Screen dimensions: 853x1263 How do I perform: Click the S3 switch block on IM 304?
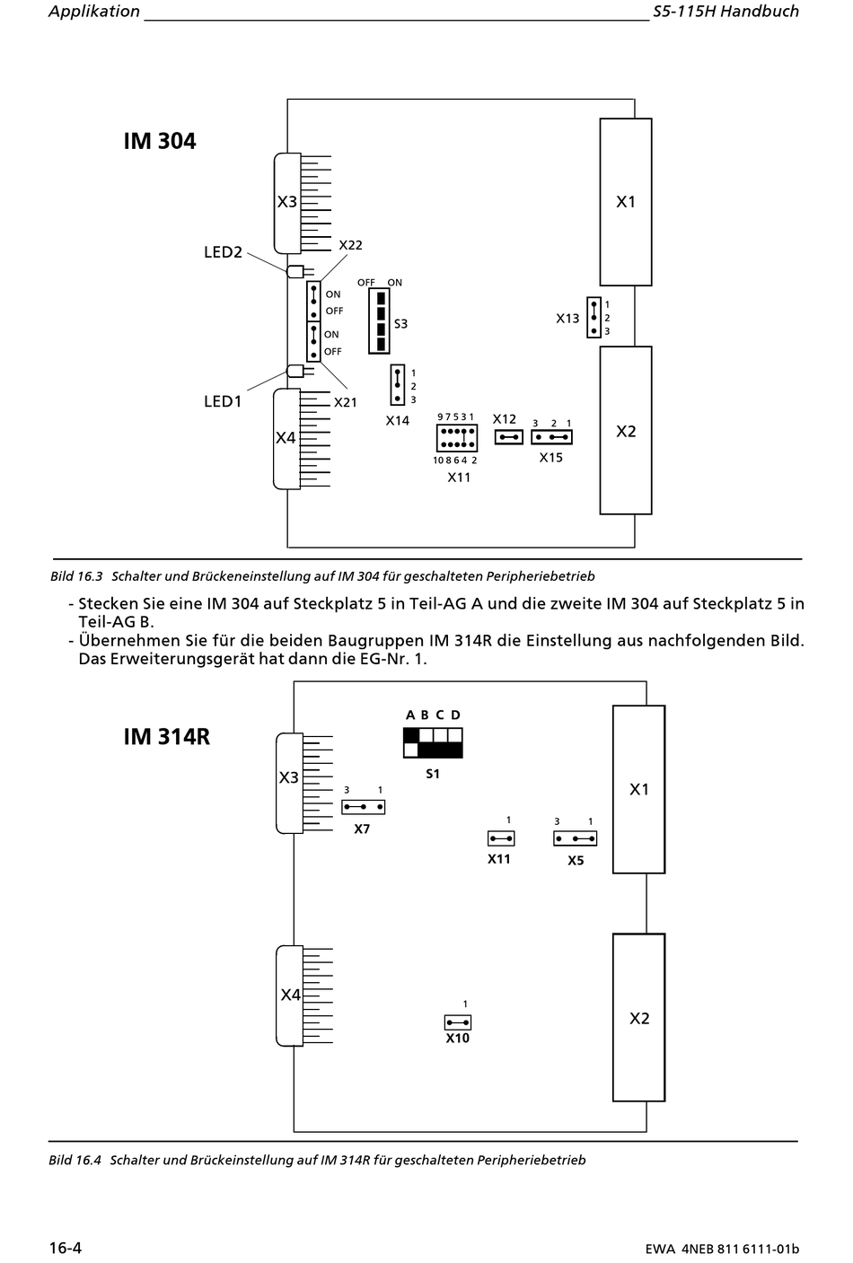[x=379, y=320]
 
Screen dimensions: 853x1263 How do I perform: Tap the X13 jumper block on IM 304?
[x=594, y=318]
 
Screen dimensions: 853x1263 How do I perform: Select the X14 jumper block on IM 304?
[x=398, y=385]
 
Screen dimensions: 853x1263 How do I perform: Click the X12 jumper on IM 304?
[x=509, y=437]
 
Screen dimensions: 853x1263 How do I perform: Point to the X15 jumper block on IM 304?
[x=551, y=437]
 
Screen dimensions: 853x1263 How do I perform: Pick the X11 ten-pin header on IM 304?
[x=457, y=438]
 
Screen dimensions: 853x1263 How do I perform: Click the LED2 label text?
[x=223, y=252]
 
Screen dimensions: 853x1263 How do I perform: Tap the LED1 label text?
[x=223, y=401]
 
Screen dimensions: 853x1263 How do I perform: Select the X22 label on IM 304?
[x=350, y=245]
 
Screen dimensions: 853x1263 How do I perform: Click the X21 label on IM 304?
[x=346, y=402]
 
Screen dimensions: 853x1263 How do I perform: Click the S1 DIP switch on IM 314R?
[x=434, y=742]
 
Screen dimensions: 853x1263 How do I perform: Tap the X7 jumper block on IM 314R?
[x=364, y=807]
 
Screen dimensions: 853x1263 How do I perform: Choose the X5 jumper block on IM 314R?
[x=576, y=838]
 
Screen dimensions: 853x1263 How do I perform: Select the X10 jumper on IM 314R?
[x=458, y=1022]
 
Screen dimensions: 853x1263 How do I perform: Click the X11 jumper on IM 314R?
[x=501, y=838]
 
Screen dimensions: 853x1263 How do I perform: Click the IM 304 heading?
[x=160, y=141]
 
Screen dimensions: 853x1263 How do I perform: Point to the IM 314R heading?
[x=167, y=736]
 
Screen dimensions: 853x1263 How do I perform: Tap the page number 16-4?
[x=66, y=1248]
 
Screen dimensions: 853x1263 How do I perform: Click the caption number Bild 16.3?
[x=76, y=576]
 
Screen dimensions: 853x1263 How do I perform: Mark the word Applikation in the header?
[x=94, y=12]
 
